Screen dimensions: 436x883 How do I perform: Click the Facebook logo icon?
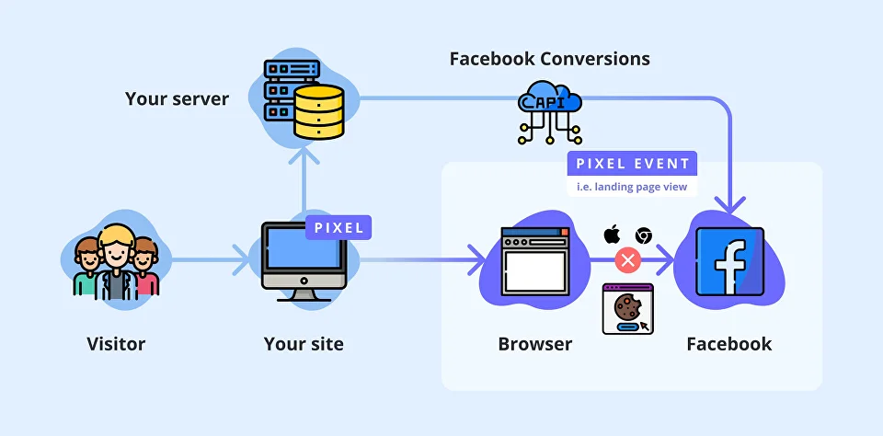click(730, 262)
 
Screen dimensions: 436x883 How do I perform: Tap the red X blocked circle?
click(628, 260)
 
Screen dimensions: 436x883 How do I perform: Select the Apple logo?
click(612, 235)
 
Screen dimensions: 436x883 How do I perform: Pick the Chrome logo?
click(644, 235)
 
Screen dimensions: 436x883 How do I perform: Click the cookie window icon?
click(628, 308)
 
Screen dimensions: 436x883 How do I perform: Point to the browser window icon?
click(534, 262)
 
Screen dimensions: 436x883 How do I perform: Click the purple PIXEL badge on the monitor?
click(339, 227)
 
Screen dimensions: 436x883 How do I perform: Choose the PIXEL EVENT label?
click(632, 164)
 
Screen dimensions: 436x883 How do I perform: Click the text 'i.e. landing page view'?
click(632, 187)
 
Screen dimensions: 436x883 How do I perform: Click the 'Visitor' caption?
click(116, 345)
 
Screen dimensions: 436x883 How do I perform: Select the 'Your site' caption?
click(304, 345)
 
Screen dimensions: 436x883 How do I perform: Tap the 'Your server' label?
click(177, 98)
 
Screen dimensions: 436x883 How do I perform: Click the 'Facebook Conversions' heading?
click(549, 59)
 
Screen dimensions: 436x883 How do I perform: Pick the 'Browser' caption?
click(535, 345)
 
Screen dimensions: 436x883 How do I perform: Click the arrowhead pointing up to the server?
click(304, 157)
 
